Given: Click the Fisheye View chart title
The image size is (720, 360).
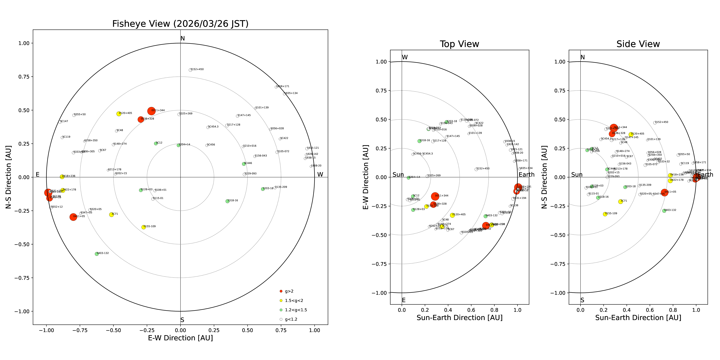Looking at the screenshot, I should tap(180, 24).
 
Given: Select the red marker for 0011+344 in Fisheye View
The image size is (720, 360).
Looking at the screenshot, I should tap(151, 111).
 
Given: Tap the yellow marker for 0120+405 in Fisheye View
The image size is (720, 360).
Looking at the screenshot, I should tap(119, 114).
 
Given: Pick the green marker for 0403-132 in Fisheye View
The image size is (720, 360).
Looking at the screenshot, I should tap(97, 254).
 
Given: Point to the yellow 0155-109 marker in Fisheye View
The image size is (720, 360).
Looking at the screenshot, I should tap(144, 227).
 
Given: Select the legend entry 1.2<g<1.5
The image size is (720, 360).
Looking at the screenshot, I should tap(296, 310).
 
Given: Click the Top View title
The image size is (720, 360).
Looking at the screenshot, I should tap(459, 44).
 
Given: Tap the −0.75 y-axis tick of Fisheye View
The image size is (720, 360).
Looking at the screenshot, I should tap(22, 278).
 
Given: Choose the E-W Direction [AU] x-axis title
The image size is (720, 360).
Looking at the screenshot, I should tap(180, 338).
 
